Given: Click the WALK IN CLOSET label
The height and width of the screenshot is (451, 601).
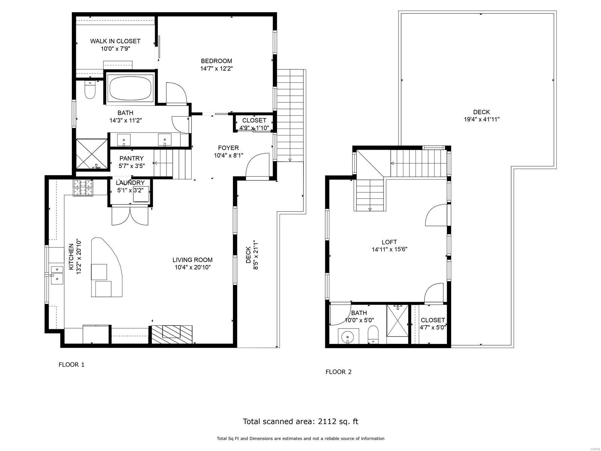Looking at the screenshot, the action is pyautogui.click(x=115, y=41).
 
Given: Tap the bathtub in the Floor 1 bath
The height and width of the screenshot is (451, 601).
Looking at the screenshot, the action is pyautogui.click(x=130, y=88).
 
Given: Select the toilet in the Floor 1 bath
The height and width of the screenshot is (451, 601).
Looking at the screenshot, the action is pyautogui.click(x=89, y=89).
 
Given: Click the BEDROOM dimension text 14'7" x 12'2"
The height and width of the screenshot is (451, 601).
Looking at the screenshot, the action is pyautogui.click(x=216, y=68).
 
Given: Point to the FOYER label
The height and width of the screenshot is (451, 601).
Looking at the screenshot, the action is pyautogui.click(x=228, y=148).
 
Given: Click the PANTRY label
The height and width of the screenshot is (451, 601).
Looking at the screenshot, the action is pyautogui.click(x=131, y=158).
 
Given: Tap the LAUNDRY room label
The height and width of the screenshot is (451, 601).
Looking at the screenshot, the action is pyautogui.click(x=130, y=183).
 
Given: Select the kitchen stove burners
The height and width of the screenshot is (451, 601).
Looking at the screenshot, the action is pyautogui.click(x=83, y=188).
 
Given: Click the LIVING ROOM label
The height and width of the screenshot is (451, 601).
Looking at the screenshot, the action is pyautogui.click(x=192, y=260).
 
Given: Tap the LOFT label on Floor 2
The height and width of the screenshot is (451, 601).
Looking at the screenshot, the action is pyautogui.click(x=389, y=242).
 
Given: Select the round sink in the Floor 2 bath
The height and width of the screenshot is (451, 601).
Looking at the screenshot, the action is pyautogui.click(x=348, y=336).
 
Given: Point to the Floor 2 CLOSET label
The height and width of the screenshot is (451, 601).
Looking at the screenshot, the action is pyautogui.click(x=433, y=320).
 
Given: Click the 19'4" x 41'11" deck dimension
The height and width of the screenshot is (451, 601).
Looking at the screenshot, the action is pyautogui.click(x=482, y=120).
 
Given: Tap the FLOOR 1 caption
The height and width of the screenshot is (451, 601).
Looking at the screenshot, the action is pyautogui.click(x=71, y=365).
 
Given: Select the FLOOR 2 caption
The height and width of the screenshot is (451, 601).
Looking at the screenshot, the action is pyautogui.click(x=338, y=372).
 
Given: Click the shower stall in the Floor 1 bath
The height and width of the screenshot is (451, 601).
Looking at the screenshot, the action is pyautogui.click(x=92, y=154).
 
